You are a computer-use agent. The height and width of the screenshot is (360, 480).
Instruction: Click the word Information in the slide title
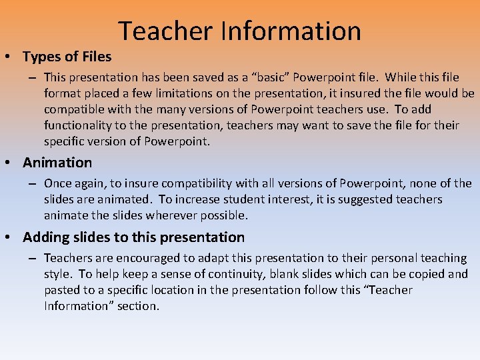291,31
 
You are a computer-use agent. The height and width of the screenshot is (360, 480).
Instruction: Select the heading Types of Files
67,56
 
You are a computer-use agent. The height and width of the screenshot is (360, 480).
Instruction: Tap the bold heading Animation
57,163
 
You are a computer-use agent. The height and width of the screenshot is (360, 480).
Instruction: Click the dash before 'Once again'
32,183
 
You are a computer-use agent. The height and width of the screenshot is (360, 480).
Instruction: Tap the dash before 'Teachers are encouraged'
32,258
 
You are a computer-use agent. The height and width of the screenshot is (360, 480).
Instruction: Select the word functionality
78,125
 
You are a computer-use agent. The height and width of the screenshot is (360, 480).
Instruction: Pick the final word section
138,306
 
